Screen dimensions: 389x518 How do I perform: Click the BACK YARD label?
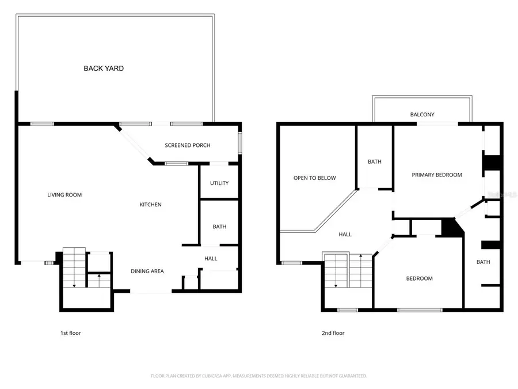pyautogui.click(x=104, y=69)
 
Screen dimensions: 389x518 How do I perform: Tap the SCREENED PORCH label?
pyautogui.click(x=188, y=145)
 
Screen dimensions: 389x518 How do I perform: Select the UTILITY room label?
pyautogui.click(x=219, y=183)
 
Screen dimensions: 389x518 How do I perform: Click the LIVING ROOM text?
pyautogui.click(x=64, y=195)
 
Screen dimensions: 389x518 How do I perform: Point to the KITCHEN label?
pyautogui.click(x=151, y=205)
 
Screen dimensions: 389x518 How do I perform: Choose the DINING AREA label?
pyautogui.click(x=147, y=271)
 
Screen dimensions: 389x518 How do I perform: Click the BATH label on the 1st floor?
pyautogui.click(x=219, y=226)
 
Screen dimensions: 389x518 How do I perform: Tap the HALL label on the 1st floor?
pyautogui.click(x=211, y=259)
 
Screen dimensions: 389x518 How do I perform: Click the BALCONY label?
pyautogui.click(x=422, y=115)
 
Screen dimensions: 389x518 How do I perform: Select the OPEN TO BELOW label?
pyautogui.click(x=314, y=178)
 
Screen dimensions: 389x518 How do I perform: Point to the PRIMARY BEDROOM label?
pyautogui.click(x=437, y=175)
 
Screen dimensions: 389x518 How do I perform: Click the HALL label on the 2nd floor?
pyautogui.click(x=345, y=235)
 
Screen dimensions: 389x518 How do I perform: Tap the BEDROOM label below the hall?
pyautogui.click(x=419, y=279)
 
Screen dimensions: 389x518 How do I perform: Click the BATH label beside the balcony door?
pyautogui.click(x=375, y=162)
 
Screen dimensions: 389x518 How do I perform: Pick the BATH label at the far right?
pyautogui.click(x=483, y=262)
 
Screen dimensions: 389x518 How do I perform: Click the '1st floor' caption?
pyautogui.click(x=71, y=333)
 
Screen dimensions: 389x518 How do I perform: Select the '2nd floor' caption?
pyautogui.click(x=333, y=333)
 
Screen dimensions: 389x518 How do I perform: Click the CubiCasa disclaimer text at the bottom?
pyautogui.click(x=258, y=376)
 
